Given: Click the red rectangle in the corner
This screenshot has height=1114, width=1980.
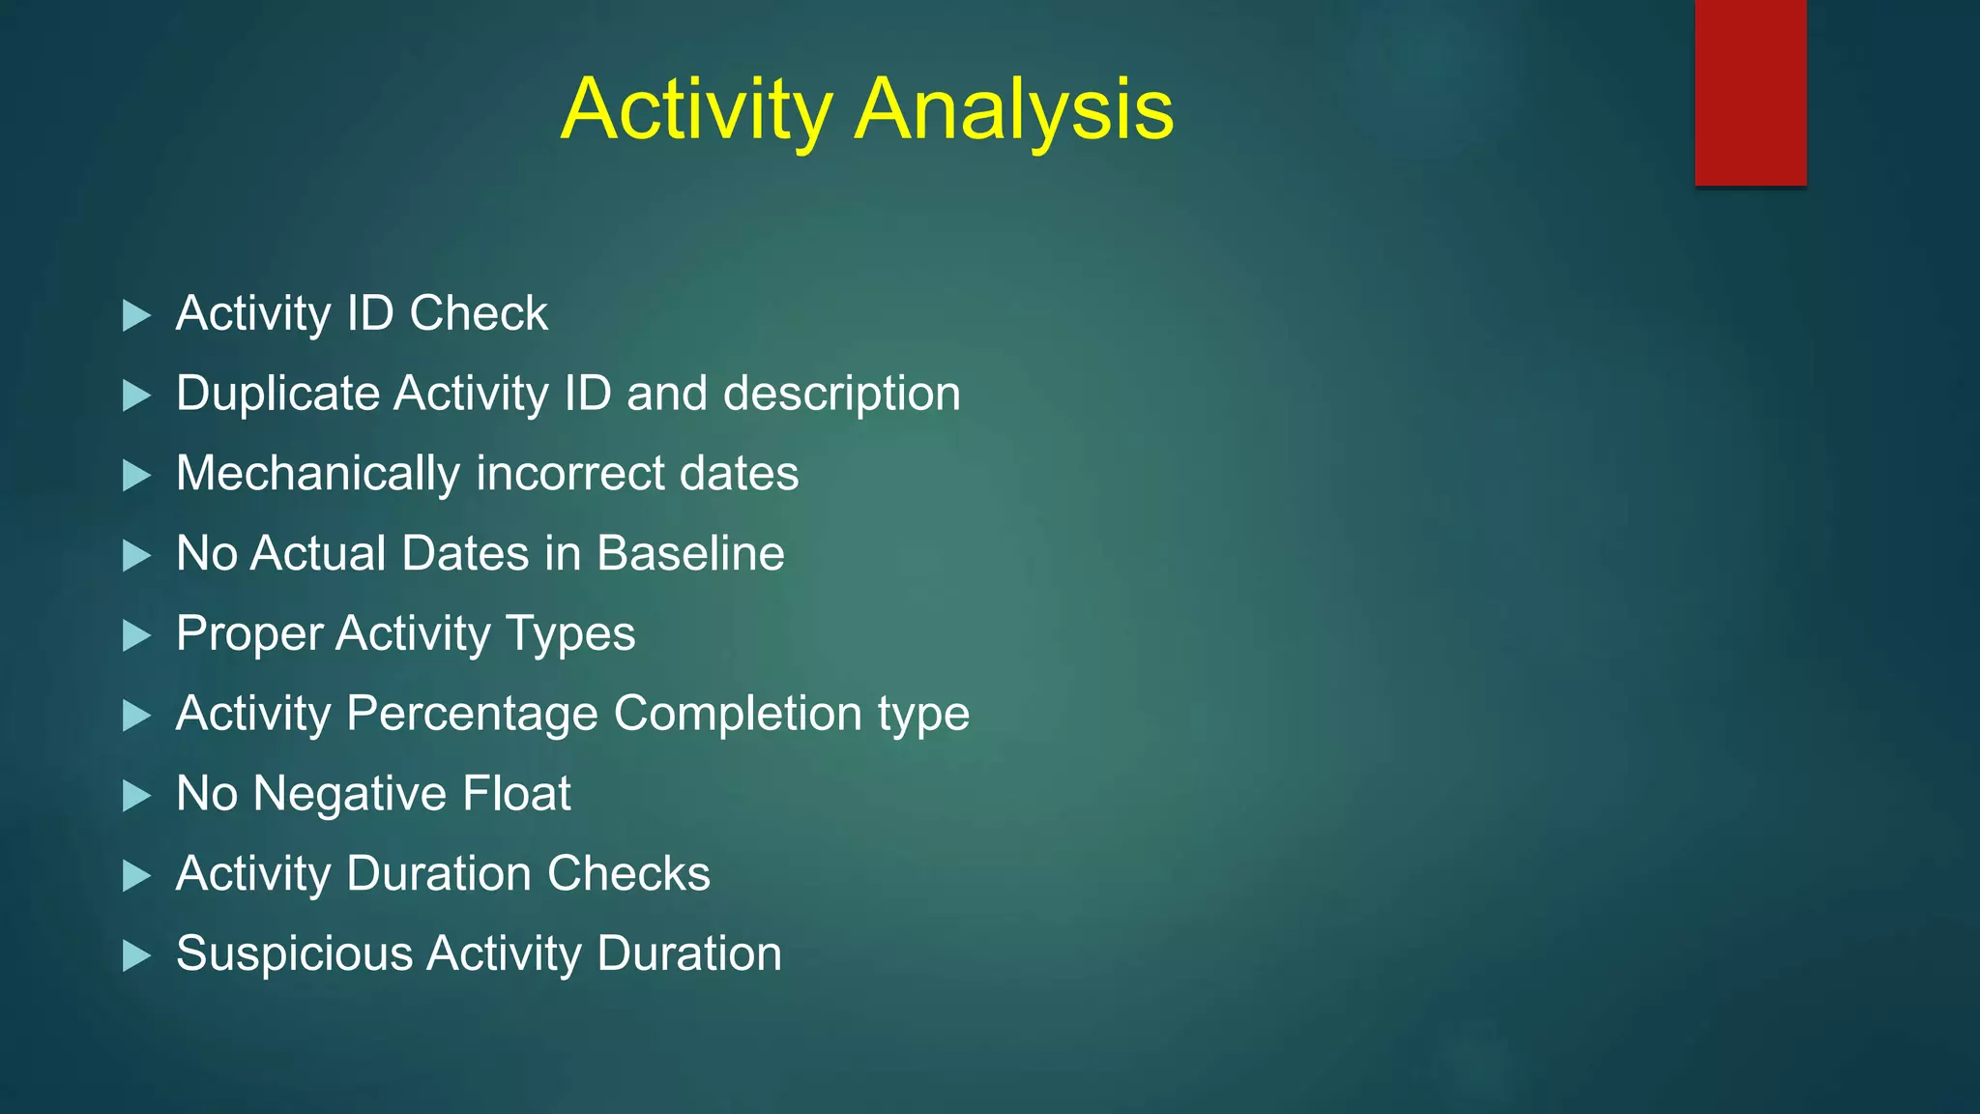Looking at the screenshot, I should [1750, 92].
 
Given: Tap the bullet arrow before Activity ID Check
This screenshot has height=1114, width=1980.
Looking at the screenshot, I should [137, 315].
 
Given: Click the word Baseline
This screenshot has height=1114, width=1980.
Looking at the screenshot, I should [690, 554].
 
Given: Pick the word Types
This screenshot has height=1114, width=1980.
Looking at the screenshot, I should [570, 635].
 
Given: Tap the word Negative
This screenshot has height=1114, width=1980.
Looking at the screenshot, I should [350, 794].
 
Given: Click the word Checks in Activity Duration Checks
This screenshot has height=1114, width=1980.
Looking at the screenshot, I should [628, 874].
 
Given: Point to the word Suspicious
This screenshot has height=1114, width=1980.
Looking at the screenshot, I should [295, 954].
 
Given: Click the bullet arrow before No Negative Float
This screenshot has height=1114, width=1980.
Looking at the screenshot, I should [137, 796].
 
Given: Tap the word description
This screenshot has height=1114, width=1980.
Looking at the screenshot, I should [841, 395].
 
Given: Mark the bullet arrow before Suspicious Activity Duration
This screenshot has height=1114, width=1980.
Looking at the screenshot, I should [137, 956].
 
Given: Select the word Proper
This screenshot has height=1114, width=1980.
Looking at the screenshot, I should [249, 635].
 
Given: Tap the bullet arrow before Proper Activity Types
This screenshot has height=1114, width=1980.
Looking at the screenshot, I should [137, 636].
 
